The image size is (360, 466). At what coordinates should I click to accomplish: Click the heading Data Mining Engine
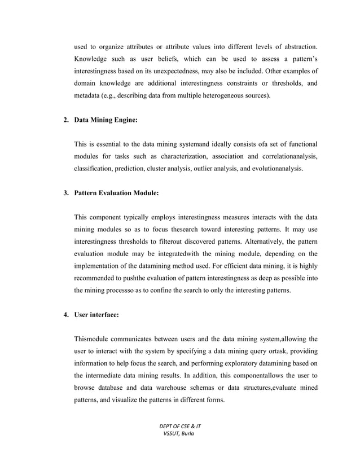(x=106, y=120)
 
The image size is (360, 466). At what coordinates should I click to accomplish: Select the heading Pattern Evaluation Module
(x=116, y=192)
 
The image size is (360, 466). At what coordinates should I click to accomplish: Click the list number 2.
(x=65, y=120)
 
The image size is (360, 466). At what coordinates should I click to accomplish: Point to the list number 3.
(x=65, y=192)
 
